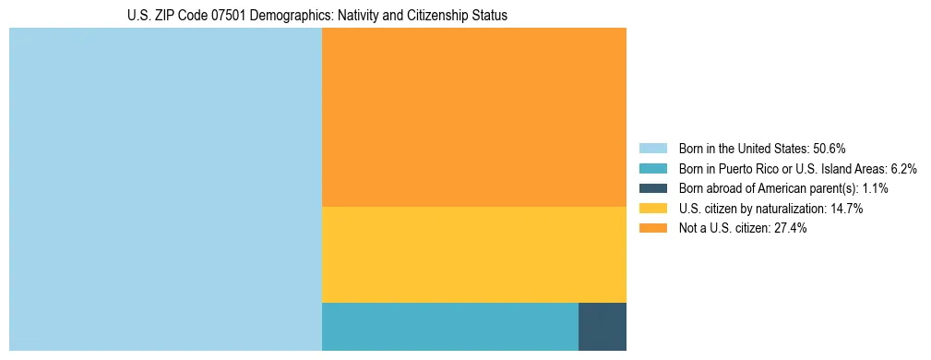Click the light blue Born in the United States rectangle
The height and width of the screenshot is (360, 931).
[x=165, y=189]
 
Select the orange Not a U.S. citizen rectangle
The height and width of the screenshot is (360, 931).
[x=473, y=117]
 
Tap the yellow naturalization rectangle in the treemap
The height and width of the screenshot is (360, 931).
[x=473, y=254]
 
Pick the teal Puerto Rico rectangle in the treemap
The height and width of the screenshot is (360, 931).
[x=449, y=326]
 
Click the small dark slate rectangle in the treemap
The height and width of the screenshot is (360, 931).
[x=602, y=326]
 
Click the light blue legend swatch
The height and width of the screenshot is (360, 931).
[x=652, y=149]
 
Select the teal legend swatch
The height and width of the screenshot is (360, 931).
[x=652, y=169]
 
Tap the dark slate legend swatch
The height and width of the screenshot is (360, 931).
[x=652, y=188]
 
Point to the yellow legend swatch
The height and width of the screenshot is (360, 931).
[x=652, y=209]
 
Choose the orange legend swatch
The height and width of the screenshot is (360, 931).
[x=652, y=228]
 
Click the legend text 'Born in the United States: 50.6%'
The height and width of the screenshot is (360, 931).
[x=762, y=149]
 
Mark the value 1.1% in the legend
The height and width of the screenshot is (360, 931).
[x=877, y=188]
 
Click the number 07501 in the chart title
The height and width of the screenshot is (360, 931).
[x=230, y=16]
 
